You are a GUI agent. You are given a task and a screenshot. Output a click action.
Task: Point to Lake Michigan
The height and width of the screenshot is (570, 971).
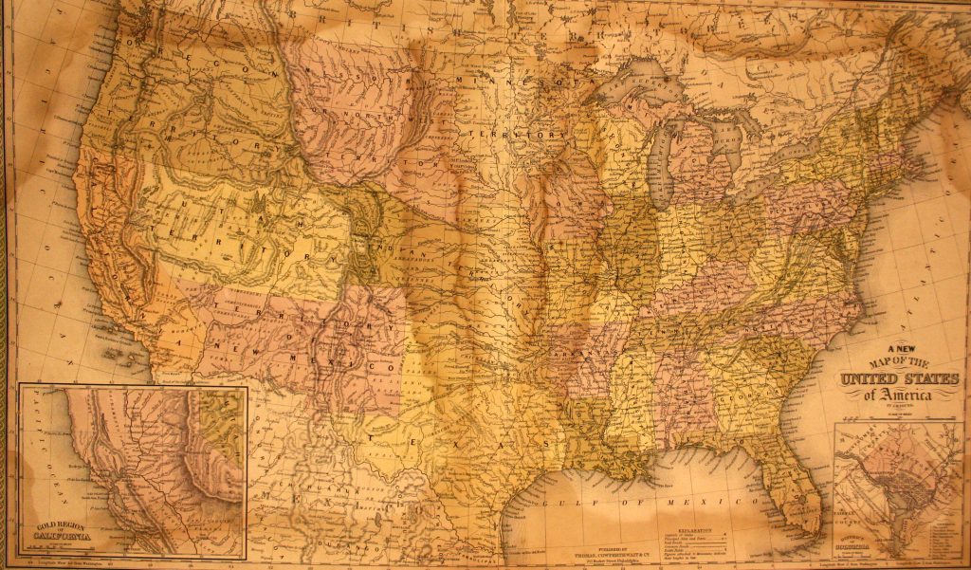coord(664,161)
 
